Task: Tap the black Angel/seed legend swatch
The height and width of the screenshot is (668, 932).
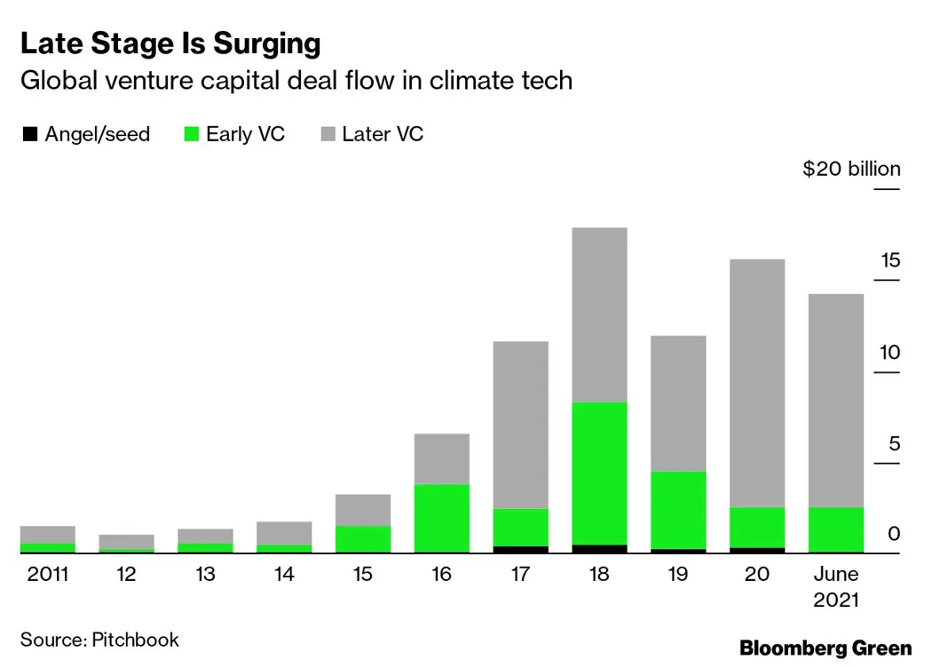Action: click(30, 135)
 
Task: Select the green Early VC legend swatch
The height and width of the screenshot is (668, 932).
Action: click(191, 135)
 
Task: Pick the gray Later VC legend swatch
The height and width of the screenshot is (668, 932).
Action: click(327, 135)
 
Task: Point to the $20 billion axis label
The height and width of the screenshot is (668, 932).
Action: click(851, 169)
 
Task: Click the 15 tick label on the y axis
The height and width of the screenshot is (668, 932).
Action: click(890, 260)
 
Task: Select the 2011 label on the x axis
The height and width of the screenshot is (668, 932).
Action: click(48, 575)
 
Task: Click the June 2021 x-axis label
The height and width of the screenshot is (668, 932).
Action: click(836, 586)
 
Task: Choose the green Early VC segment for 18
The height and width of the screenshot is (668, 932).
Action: click(600, 473)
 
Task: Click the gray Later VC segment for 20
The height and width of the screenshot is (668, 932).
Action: click(757, 382)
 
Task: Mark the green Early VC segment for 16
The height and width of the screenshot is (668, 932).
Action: click(442, 518)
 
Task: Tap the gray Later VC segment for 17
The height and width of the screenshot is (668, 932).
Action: click(521, 425)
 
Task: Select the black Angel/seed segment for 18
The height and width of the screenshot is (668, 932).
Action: click(600, 549)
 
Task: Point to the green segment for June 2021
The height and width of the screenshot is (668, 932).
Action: click(836, 529)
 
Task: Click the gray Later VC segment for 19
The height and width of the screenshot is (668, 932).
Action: click(678, 402)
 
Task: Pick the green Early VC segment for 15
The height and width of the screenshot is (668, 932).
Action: click(363, 539)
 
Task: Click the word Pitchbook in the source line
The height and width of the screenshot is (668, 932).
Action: click(136, 640)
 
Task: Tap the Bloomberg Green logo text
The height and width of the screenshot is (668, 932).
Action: click(825, 648)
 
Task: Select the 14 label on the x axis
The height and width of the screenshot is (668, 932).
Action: click(284, 575)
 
